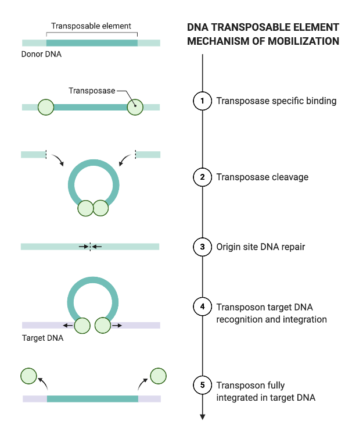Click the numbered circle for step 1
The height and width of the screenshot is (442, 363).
202,101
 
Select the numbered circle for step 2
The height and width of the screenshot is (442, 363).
202,177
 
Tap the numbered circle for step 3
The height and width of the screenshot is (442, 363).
202,247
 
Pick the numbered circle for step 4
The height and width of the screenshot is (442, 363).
202,306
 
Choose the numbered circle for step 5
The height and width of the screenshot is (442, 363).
202,384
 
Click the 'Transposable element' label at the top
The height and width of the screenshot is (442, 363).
91,26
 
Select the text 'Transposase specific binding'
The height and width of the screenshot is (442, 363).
276,101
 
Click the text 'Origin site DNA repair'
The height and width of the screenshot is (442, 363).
260,247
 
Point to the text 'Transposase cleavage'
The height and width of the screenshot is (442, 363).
262,177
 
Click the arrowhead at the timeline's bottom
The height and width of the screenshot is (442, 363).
202,416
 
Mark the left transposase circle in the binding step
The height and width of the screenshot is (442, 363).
45,107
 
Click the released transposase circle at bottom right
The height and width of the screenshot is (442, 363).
159,376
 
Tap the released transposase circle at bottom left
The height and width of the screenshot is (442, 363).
28,376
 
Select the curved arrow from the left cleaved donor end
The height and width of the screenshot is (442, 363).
57,159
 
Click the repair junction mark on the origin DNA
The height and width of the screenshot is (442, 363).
90,247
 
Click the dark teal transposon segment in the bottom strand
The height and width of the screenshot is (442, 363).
92,399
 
